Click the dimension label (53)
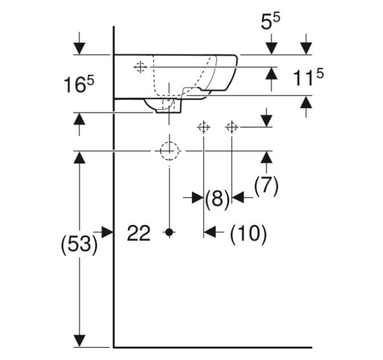[79, 244]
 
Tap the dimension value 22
[138, 233]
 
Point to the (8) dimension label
[217, 198]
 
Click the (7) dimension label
[266, 185]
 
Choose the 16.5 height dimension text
[79, 85]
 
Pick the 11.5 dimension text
[308, 77]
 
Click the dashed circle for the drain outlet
[169, 151]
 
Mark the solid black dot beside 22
[169, 232]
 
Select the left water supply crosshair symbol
[204, 127]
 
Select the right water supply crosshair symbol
[231, 127]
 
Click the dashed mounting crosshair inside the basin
[140, 66]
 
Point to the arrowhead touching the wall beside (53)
[107, 232]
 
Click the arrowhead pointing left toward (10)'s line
[210, 232]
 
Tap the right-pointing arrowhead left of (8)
[198, 197]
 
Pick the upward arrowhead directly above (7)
[266, 157]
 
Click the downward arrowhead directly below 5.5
[271, 48]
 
